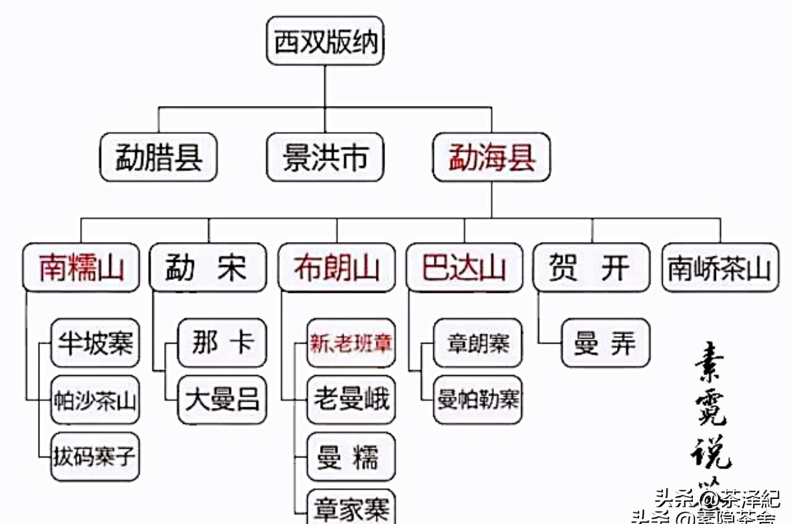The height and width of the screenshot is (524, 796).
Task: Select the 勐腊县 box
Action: (x=158, y=157)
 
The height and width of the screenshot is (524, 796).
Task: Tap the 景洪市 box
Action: (x=325, y=157)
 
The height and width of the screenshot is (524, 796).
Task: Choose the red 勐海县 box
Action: (x=491, y=157)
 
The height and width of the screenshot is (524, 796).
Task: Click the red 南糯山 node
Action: (x=81, y=268)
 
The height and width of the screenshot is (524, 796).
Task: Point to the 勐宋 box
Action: (x=208, y=268)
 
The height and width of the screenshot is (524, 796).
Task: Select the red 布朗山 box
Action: (x=336, y=268)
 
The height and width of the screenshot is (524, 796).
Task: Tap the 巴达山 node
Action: (x=464, y=268)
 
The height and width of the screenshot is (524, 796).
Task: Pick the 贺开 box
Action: (x=591, y=268)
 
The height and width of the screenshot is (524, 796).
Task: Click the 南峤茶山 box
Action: (x=719, y=268)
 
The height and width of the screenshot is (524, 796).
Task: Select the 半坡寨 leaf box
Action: (x=95, y=343)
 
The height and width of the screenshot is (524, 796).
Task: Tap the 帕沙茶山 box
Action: (x=95, y=399)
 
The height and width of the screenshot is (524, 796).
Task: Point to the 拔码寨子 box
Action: (x=95, y=456)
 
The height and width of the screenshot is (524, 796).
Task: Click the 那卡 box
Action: (x=222, y=343)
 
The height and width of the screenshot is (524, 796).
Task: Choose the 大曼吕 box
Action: (x=222, y=399)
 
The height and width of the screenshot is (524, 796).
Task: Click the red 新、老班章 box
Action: (x=351, y=343)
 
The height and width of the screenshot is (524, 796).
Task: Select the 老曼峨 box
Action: (x=351, y=399)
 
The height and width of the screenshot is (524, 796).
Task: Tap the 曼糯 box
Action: (x=351, y=456)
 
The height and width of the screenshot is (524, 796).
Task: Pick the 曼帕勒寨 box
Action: (x=478, y=399)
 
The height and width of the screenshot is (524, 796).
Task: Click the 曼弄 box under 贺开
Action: (x=606, y=343)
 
